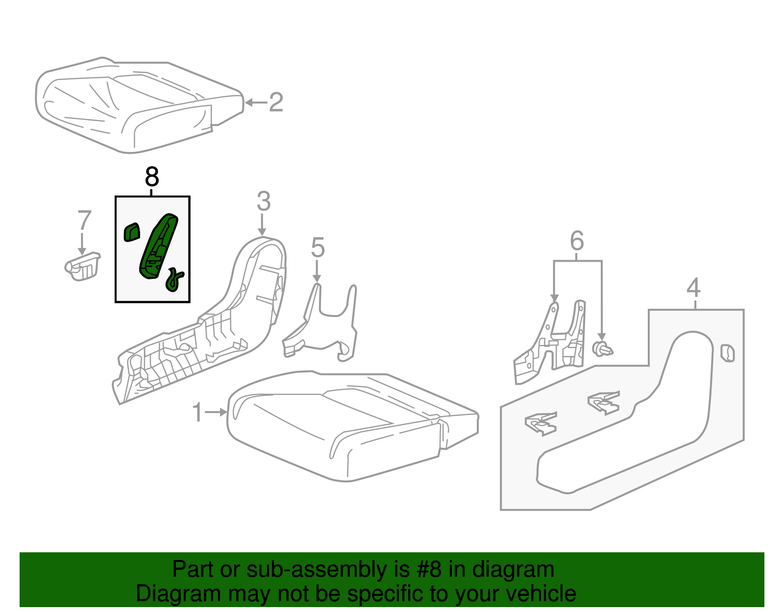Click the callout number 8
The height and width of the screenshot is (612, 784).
152,177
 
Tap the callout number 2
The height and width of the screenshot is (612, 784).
276,102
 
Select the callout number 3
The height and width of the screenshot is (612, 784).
264,201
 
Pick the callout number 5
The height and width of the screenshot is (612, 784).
318,247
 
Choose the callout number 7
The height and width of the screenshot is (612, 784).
84,220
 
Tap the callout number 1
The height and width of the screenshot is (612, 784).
197,412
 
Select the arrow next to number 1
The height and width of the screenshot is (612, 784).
216,412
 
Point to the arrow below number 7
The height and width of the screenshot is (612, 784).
82,244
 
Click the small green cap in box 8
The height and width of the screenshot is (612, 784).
132,232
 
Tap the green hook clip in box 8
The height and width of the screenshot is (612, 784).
174,280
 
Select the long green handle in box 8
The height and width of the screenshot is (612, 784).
159,246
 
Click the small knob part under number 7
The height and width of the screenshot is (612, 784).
83,266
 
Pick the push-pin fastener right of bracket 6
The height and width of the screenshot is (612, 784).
602,348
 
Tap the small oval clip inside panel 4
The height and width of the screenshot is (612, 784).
727,353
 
